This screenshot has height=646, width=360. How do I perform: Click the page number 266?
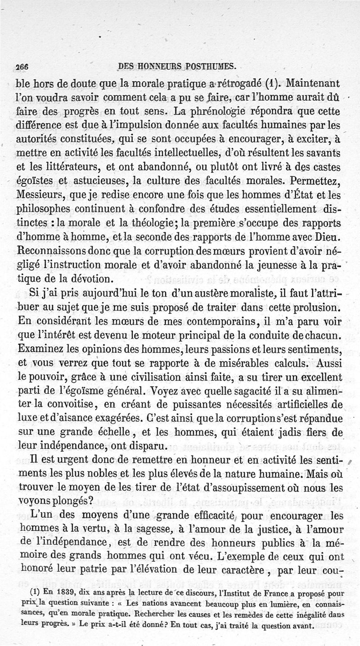pos(21,66)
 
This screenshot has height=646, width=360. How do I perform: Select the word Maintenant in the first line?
pos(315,83)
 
